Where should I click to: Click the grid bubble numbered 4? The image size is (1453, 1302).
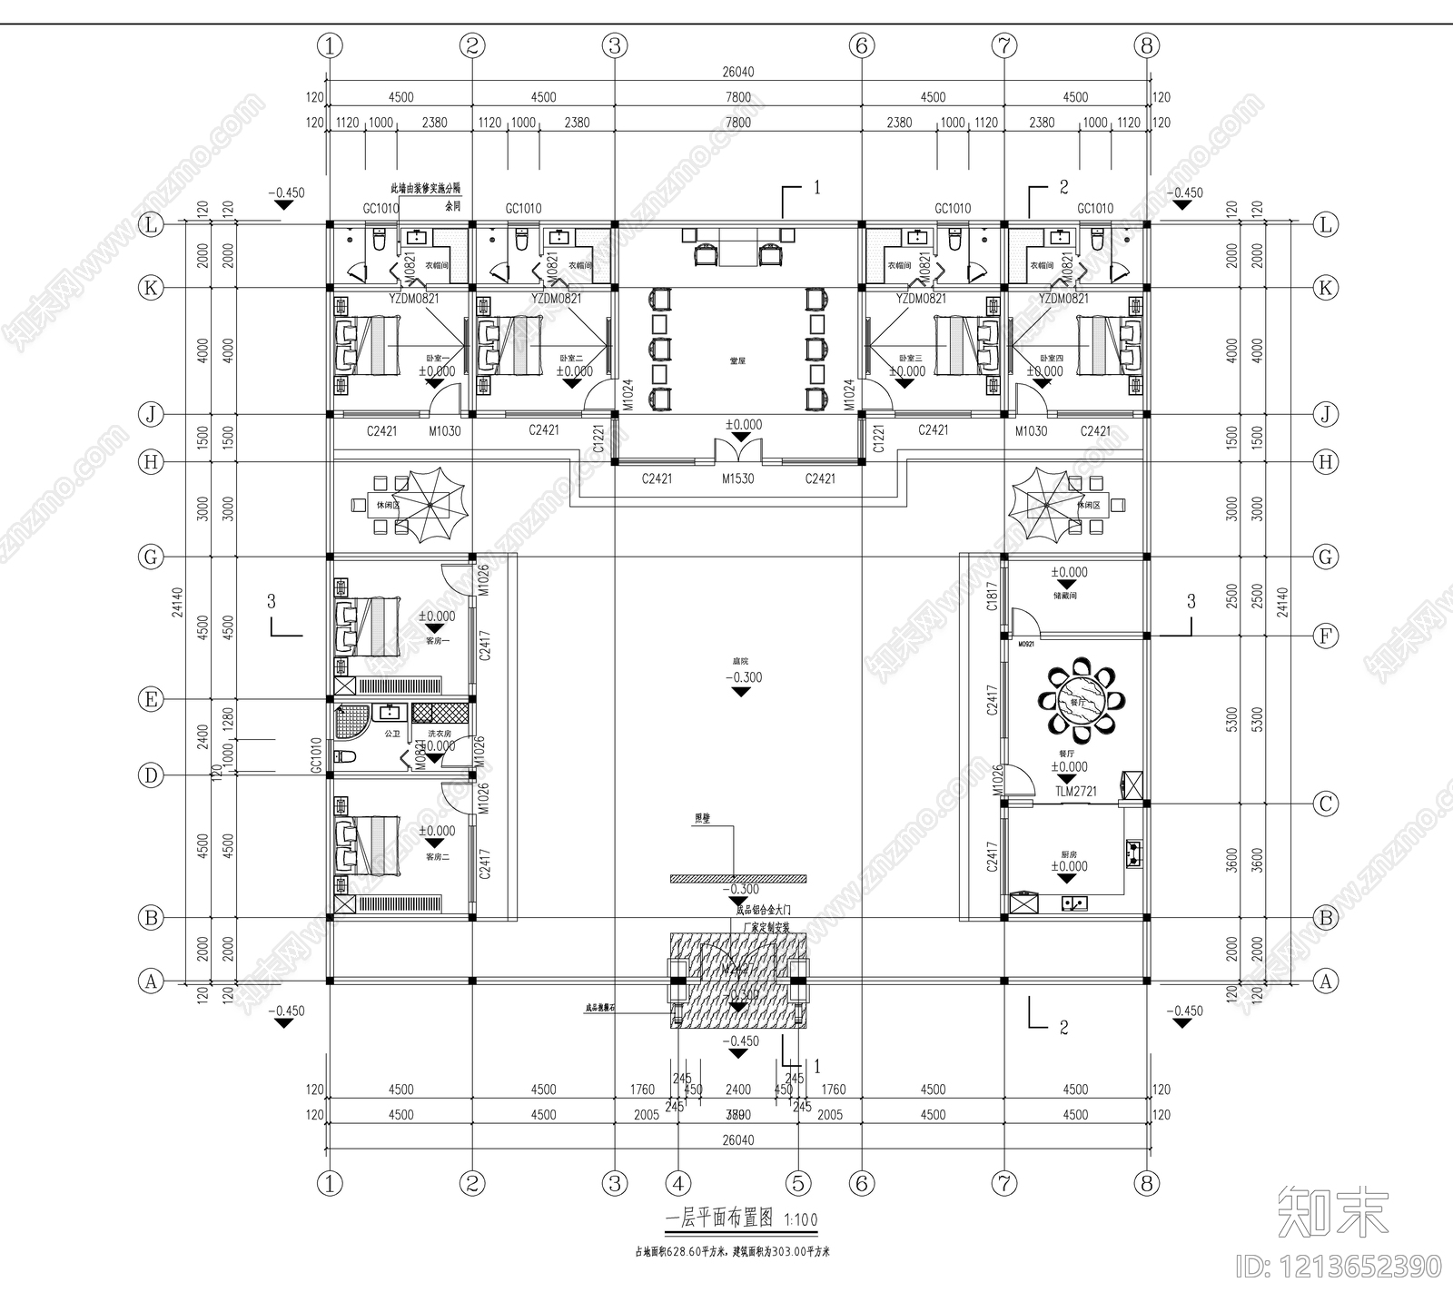tap(678, 1183)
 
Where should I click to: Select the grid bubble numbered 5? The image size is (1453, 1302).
tap(798, 1183)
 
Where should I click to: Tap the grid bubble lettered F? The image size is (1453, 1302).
tap(1326, 636)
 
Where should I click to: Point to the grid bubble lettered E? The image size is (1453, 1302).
tap(151, 699)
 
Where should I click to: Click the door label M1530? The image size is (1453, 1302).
tap(737, 478)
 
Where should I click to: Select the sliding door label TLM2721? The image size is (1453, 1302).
tap(1075, 791)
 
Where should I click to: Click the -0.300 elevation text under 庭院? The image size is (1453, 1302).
tap(743, 677)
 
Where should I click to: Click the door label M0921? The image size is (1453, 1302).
tap(1026, 644)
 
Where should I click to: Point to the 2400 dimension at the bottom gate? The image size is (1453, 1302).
tap(737, 1090)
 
